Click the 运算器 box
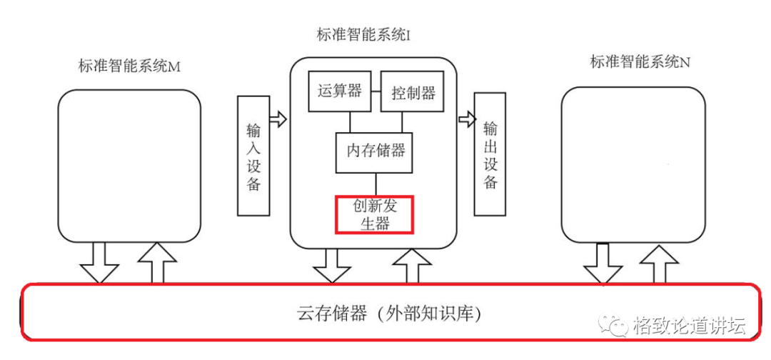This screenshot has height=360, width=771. [x=339, y=91]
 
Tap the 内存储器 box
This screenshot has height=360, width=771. [x=375, y=152]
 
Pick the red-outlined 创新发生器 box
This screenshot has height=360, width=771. [x=374, y=214]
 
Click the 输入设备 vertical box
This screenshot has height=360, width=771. [x=253, y=155]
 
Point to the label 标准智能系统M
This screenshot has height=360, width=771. [x=128, y=66]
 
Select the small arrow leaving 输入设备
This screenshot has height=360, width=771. [x=278, y=119]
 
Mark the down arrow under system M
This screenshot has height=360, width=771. [x=99, y=263]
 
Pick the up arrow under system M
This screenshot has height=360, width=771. [x=156, y=263]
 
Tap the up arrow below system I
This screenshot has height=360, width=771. [x=412, y=266]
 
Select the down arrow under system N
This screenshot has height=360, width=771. [x=603, y=264]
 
